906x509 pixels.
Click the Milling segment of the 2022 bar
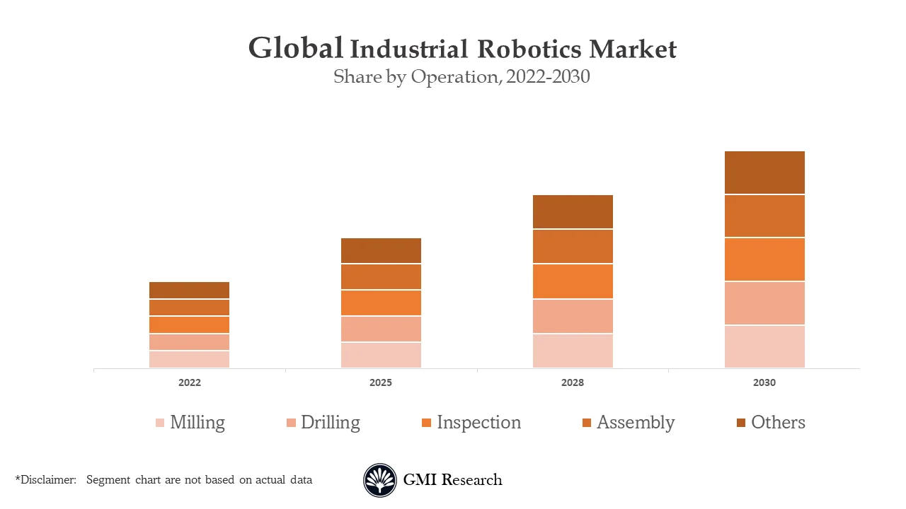(x=189, y=359)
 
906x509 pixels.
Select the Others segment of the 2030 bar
(x=764, y=172)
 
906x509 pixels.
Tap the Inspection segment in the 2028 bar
(x=573, y=281)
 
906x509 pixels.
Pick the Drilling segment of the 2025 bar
(x=381, y=329)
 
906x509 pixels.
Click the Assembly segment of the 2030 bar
(x=764, y=216)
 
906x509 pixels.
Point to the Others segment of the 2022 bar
(x=189, y=290)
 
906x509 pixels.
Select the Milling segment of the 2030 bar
(x=764, y=346)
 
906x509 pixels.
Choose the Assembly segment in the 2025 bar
(x=381, y=276)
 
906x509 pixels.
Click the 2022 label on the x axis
(x=189, y=382)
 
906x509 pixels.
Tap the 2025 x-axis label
(x=381, y=382)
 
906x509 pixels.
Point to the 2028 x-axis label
(x=573, y=382)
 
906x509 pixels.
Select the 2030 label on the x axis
(x=764, y=382)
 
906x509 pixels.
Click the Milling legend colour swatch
(x=160, y=423)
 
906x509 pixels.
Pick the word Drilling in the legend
(x=330, y=422)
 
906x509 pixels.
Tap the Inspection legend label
(x=478, y=422)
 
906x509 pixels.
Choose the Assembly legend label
(x=635, y=422)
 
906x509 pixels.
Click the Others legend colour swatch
(x=740, y=423)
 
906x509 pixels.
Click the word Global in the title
(x=296, y=48)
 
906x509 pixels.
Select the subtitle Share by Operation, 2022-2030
(x=461, y=76)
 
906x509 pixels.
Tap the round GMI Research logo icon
(x=380, y=480)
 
